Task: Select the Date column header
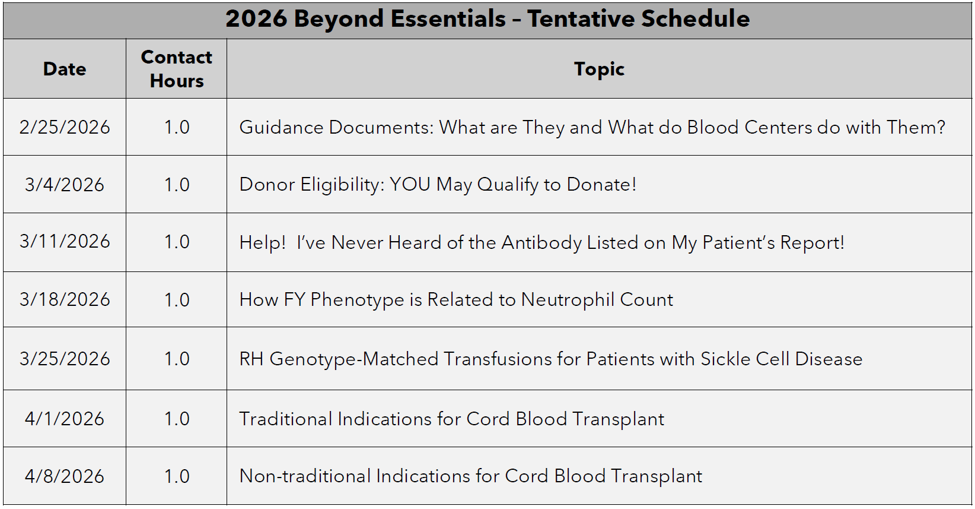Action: [65, 69]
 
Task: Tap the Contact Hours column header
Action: [176, 69]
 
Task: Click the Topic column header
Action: [599, 69]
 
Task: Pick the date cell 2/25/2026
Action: [65, 127]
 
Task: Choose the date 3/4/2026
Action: [65, 185]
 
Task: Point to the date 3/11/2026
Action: [65, 242]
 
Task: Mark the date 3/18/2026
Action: [65, 300]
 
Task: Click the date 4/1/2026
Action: [65, 419]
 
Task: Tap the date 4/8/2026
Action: [65, 476]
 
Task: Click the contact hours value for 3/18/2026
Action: [177, 300]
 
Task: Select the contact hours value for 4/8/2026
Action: [177, 476]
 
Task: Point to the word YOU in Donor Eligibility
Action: [410, 184]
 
